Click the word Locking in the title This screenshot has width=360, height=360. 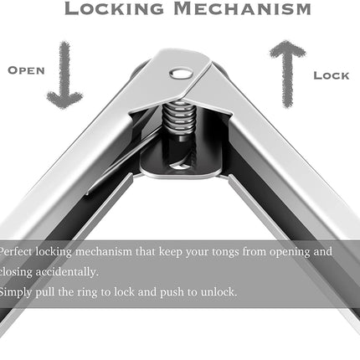click(115, 8)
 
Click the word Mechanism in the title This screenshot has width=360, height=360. click(242, 8)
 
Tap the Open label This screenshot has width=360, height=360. click(26, 70)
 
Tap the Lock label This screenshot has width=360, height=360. click(332, 75)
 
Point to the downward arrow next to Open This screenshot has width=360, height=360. click(64, 75)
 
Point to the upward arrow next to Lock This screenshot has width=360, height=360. click(287, 74)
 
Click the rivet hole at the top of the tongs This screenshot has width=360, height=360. click(182, 74)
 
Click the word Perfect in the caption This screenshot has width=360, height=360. click(17, 252)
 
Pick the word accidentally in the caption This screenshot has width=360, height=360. click(67, 272)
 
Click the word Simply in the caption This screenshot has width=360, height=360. click(16, 292)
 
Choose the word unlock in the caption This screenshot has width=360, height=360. click(219, 292)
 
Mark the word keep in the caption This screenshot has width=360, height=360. click(171, 252)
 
